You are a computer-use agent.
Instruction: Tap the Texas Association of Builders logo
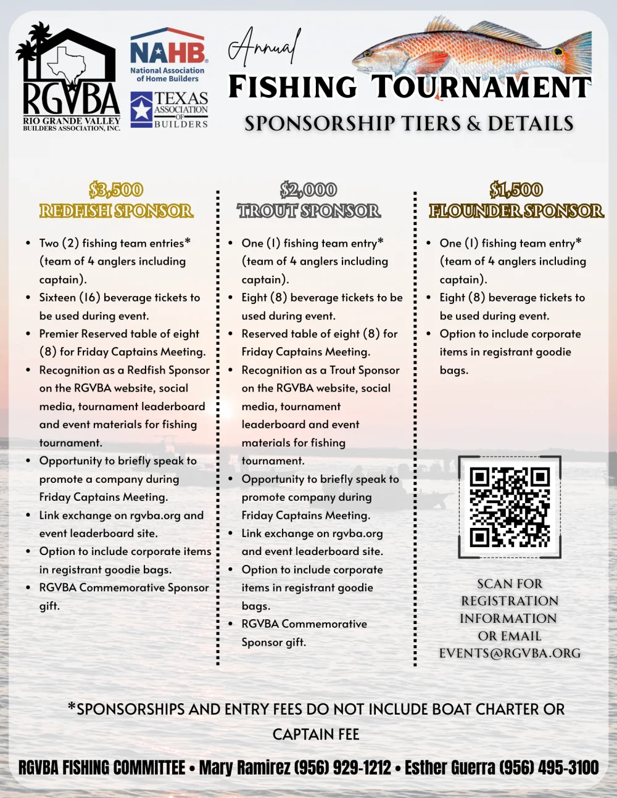click(x=169, y=110)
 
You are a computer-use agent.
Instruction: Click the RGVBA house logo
click(x=70, y=77)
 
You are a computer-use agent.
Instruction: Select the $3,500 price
click(x=116, y=190)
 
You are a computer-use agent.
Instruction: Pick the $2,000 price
click(x=308, y=190)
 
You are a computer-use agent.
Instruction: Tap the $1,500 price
click(x=516, y=190)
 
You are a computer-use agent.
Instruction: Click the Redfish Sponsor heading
click(x=116, y=211)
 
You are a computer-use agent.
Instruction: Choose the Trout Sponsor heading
click(x=308, y=211)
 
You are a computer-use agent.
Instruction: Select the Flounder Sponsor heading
click(x=516, y=211)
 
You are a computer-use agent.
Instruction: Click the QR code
click(x=510, y=508)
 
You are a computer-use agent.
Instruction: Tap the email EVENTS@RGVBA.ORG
click(x=510, y=653)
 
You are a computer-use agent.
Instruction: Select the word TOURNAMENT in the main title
click(x=481, y=87)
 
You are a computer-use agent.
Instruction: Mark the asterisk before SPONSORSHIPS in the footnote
click(x=72, y=707)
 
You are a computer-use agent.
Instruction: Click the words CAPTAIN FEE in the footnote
click(x=316, y=734)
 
